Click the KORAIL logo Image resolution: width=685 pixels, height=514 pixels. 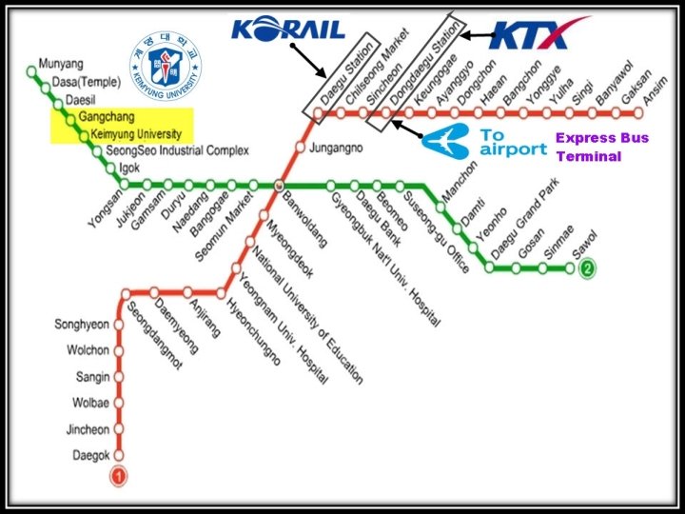pyautogui.click(x=287, y=28)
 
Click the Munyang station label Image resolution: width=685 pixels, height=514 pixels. pyautogui.click(x=61, y=67)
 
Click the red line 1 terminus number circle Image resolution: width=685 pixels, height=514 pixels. pyautogui.click(x=119, y=475)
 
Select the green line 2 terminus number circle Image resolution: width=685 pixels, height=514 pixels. pyautogui.click(x=588, y=268)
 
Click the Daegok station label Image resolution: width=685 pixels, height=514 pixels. pyautogui.click(x=91, y=456)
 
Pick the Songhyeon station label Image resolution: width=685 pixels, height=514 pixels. pyautogui.click(x=87, y=325)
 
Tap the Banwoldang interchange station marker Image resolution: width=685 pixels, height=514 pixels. pyautogui.click(x=278, y=185)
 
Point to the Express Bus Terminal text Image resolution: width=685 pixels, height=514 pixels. pyautogui.click(x=601, y=147)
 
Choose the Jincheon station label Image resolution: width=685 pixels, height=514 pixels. pyautogui.click(x=88, y=430)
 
